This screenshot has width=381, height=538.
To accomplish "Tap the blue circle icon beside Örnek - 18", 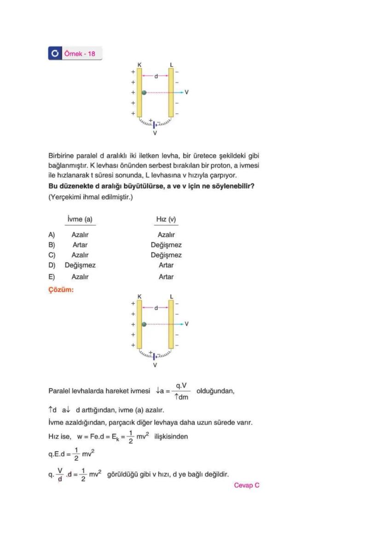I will coord(54,53).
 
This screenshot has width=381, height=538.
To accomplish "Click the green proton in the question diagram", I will coord(144,92).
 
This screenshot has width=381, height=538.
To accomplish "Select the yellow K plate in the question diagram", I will coord(139,92).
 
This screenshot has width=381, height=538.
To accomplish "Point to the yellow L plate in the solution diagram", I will coord(171,324).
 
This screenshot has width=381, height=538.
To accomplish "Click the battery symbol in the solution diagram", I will coord(155,356).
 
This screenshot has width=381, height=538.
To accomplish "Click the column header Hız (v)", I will coord(166,220).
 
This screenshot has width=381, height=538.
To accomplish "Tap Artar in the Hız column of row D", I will coord(166,265).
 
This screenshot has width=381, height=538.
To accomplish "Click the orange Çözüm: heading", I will coord(61,290).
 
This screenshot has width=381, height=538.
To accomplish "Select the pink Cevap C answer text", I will coord(247,485).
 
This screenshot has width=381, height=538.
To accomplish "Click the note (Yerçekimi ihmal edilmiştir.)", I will coord(91,196).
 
